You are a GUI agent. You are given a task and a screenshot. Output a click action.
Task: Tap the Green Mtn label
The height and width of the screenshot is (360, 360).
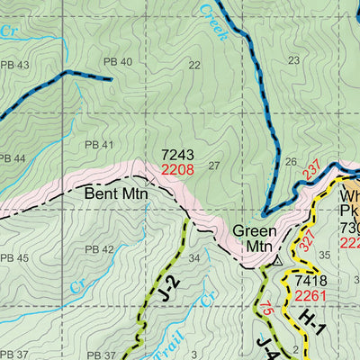pyautogui.click(x=255, y=238)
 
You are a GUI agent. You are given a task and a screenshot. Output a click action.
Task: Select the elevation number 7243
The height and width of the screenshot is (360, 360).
pyautogui.click(x=177, y=155)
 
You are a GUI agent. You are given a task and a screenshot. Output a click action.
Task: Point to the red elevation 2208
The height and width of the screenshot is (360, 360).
pyautogui.click(x=177, y=168)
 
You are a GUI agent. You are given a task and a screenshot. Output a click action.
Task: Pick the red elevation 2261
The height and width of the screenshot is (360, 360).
pyautogui.click(x=310, y=296)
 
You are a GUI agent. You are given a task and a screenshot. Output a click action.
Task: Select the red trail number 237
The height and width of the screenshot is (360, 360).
pyautogui.click(x=311, y=168)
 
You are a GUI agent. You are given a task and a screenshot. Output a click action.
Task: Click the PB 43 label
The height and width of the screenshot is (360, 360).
pyautogui.click(x=13, y=65)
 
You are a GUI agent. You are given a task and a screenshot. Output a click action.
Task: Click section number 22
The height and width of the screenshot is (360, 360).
pyautogui.click(x=194, y=65)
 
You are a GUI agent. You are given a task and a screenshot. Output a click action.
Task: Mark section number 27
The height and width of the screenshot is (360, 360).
pyautogui.click(x=213, y=165)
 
